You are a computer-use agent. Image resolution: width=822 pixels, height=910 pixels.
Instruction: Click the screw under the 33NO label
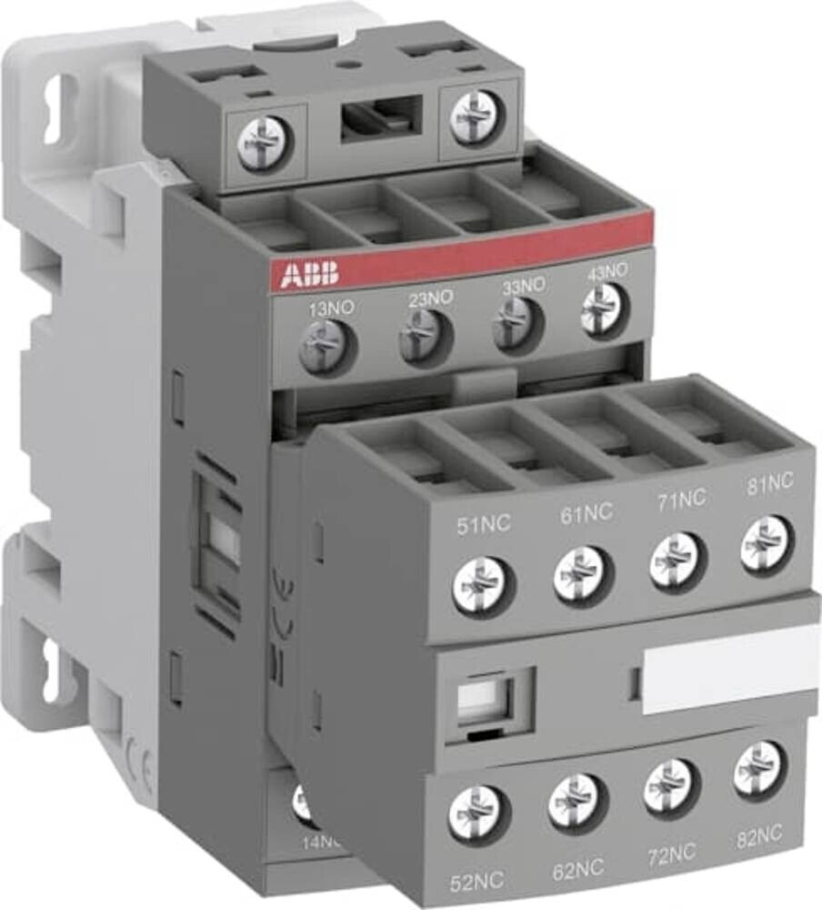tap(517, 325)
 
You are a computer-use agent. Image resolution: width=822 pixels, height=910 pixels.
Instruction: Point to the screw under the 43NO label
tap(604, 310)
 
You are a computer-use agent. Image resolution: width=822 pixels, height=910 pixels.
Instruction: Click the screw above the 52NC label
tap(476, 813)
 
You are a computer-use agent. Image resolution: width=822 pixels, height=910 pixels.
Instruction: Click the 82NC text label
tap(757, 834)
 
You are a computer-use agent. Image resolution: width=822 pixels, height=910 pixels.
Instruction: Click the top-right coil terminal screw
tap(476, 117)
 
